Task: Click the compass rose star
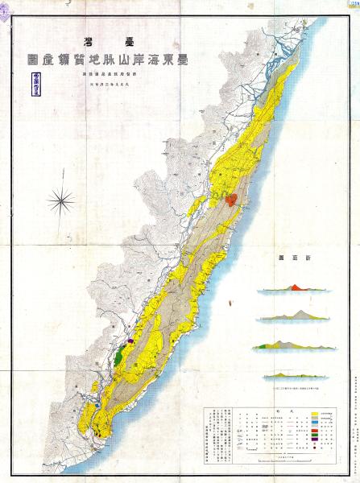pos(61,198)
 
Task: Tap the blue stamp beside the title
pos(36,82)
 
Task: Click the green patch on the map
pos(120,353)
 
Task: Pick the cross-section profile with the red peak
pos(294,287)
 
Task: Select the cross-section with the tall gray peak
pos(294,315)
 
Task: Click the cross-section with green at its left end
pos(294,345)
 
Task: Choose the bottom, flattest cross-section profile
pos(294,375)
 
